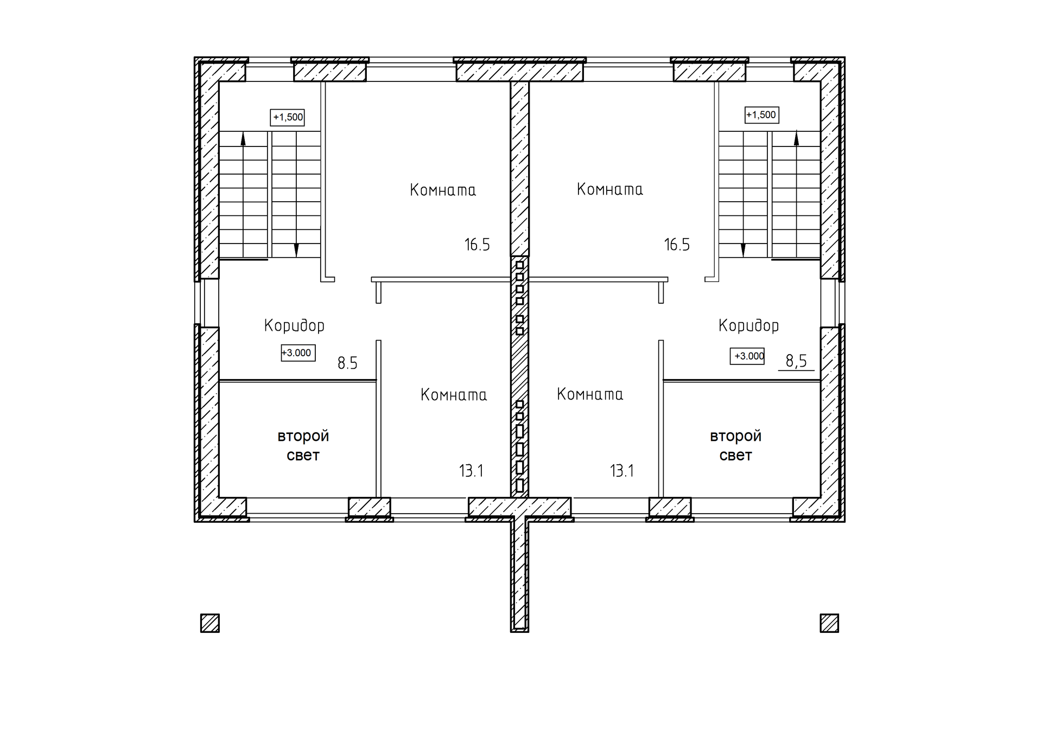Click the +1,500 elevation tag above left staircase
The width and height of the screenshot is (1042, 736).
point(288,117)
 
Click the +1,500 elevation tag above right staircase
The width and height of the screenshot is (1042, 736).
point(761,115)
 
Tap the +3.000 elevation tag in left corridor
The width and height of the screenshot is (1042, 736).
point(297,353)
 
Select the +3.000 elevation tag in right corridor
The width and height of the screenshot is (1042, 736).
point(747,356)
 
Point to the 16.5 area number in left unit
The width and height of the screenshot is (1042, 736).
point(477,245)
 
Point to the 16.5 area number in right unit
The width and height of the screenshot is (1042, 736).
point(677,245)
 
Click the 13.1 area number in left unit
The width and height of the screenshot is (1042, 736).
point(471,471)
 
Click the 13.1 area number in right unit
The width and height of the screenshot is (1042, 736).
point(622,471)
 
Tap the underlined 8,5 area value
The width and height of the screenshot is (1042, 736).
point(796,361)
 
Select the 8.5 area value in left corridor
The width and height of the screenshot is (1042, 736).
point(347,363)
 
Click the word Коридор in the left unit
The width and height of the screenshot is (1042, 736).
point(294,325)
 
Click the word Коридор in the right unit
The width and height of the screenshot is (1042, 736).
point(748,325)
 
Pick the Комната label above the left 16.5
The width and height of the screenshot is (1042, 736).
point(443,190)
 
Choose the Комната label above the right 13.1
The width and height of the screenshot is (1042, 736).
point(590,394)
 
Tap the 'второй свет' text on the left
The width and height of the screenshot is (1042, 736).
point(303,445)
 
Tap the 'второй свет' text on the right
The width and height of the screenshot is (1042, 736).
point(736,445)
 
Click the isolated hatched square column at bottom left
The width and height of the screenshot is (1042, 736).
point(210,623)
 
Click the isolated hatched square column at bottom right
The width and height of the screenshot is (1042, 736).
point(829,623)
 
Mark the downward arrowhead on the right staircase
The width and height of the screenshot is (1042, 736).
point(743,251)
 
